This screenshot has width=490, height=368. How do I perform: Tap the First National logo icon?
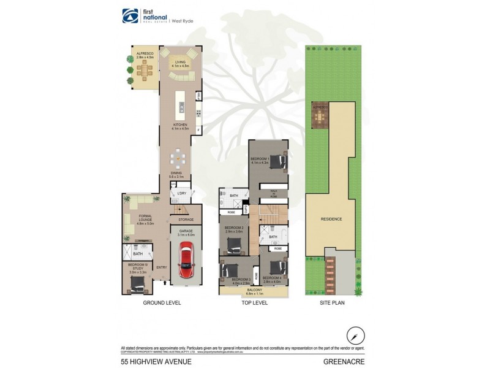click(130, 15)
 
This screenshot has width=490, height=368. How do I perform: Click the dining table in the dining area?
click(179, 158)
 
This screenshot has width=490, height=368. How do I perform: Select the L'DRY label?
click(181, 194)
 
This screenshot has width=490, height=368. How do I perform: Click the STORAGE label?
click(186, 220)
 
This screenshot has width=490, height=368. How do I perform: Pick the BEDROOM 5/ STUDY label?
click(138, 266)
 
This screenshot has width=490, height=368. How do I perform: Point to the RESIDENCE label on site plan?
click(331, 219)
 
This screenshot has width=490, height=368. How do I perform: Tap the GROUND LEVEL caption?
click(162, 303)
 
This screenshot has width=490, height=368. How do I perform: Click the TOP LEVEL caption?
click(255, 303)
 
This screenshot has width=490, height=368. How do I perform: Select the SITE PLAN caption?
click(331, 303)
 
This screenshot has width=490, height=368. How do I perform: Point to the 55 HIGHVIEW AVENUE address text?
click(156, 361)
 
